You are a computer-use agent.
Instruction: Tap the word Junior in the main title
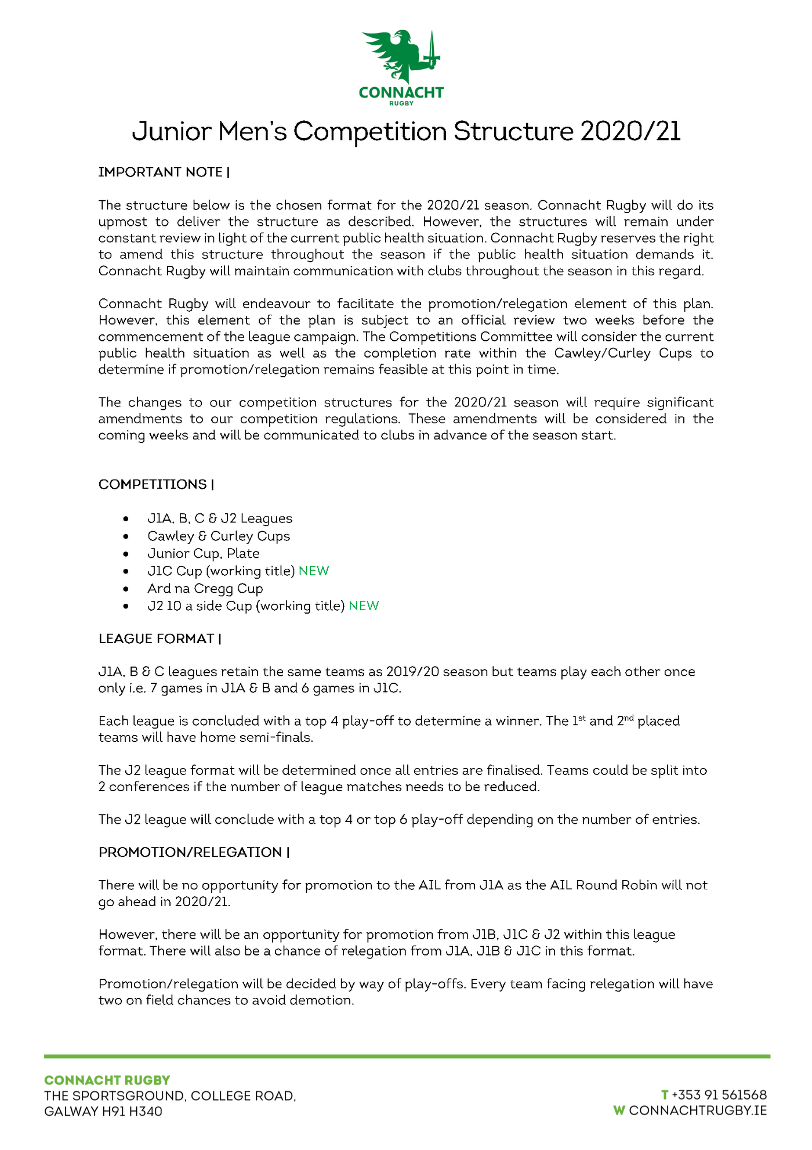tap(172, 132)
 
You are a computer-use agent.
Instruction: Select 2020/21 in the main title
tap(630, 131)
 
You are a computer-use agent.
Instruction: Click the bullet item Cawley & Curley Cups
tap(219, 536)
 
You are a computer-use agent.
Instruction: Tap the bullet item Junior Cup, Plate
tap(203, 554)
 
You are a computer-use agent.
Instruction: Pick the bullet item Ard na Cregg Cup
tap(205, 589)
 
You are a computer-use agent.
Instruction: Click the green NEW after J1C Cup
tap(314, 571)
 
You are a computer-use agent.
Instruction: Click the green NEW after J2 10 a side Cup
tap(364, 606)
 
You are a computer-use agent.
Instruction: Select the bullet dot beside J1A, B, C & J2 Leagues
tap(126, 519)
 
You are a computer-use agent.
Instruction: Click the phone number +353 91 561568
tap(719, 1095)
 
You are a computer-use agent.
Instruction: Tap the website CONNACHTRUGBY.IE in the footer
tap(698, 1111)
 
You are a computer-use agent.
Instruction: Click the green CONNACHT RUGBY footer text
tap(107, 1080)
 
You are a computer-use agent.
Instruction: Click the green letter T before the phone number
tap(665, 1095)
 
